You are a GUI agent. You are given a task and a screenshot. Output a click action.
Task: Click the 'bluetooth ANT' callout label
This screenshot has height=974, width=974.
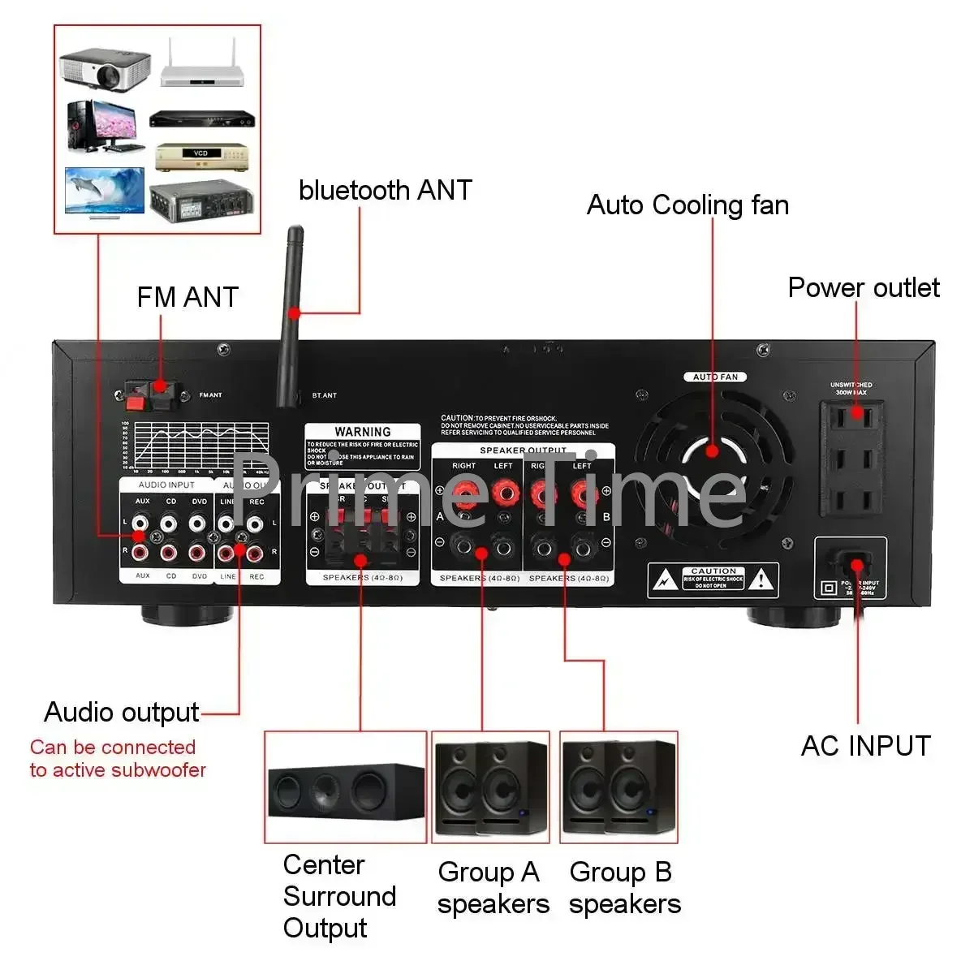pyautogui.click(x=385, y=190)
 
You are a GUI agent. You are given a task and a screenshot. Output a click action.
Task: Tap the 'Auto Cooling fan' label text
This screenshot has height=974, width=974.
pyautogui.click(x=687, y=205)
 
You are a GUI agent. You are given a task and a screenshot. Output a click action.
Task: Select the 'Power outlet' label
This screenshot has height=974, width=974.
pyautogui.click(x=864, y=287)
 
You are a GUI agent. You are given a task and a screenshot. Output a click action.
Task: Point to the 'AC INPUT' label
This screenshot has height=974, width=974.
pyautogui.click(x=865, y=745)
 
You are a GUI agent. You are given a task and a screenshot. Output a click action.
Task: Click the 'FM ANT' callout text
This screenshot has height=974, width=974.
pyautogui.click(x=187, y=297)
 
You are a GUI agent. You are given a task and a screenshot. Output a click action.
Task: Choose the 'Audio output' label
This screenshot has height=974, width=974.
pyautogui.click(x=122, y=712)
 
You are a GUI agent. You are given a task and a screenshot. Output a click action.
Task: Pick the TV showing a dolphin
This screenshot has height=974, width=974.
pyautogui.click(x=103, y=192)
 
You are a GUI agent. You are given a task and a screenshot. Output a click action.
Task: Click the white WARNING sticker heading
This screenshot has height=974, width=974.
pyautogui.click(x=362, y=432)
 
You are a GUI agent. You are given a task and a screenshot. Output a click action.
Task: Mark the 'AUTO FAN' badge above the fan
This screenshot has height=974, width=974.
pyautogui.click(x=714, y=377)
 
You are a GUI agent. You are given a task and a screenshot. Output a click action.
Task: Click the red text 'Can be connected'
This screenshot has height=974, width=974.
pyautogui.click(x=113, y=747)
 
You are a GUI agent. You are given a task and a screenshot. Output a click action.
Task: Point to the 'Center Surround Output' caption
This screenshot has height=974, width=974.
pyautogui.click(x=339, y=896)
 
